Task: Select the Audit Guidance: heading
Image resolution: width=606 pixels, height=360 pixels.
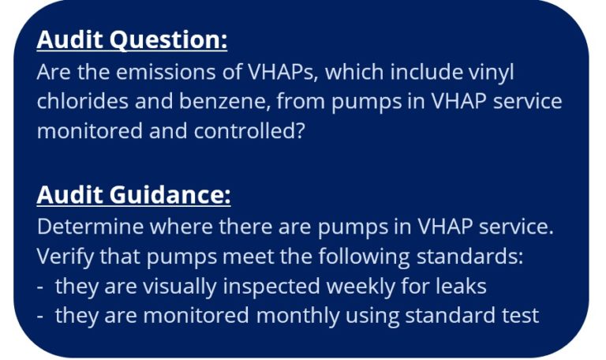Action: (133, 194)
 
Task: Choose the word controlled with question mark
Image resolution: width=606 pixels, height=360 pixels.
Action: (245, 131)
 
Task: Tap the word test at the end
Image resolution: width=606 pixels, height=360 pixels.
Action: (522, 316)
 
